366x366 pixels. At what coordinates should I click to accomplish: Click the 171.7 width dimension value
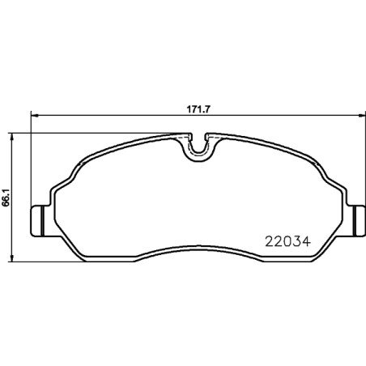tap(198, 109)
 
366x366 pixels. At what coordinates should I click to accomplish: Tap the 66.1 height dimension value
tap(6, 198)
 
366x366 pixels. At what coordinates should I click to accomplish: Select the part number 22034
tap(287, 241)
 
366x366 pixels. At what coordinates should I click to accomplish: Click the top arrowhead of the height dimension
tap(11, 137)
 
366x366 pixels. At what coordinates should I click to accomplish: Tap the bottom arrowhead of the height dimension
tap(11, 257)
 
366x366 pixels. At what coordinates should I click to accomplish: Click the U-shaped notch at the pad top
tap(198, 149)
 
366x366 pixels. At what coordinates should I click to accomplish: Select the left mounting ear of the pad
tap(40, 221)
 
